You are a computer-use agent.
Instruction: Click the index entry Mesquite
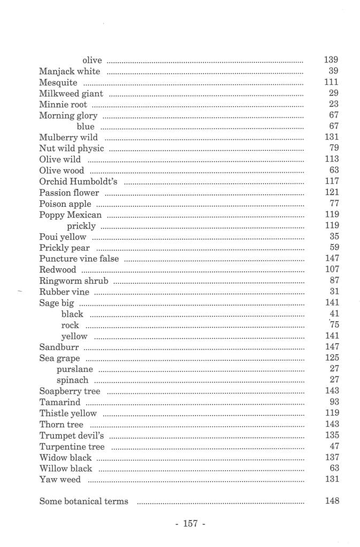(x=58, y=83)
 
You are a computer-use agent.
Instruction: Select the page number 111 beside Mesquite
(x=331, y=82)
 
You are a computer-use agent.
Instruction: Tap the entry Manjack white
(x=69, y=72)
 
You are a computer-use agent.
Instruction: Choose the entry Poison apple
(x=65, y=204)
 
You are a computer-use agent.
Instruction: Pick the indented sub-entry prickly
(x=81, y=226)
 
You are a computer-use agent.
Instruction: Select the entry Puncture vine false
(x=79, y=259)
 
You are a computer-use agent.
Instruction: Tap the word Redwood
(x=58, y=270)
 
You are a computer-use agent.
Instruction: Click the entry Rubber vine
(x=64, y=292)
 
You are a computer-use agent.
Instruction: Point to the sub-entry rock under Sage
(x=70, y=325)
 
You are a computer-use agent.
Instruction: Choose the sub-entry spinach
(x=73, y=380)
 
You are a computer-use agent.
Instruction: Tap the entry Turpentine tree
(x=72, y=447)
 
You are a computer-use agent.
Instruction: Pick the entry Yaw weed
(x=60, y=480)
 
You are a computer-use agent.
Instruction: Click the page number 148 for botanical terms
(x=331, y=501)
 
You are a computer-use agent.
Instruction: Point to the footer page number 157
(x=191, y=524)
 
